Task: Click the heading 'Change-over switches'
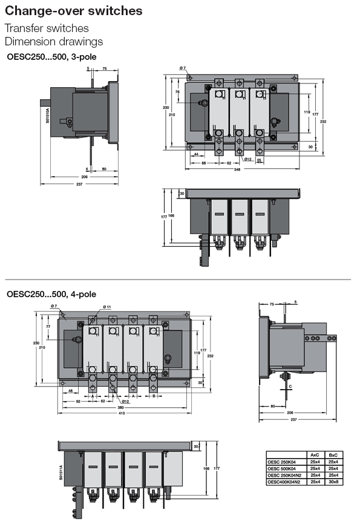(74, 11)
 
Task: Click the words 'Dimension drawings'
(54, 42)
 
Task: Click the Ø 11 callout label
(107, 307)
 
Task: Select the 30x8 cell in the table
(333, 481)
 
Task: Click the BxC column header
(333, 454)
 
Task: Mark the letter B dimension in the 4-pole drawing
(154, 395)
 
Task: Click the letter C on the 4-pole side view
(290, 387)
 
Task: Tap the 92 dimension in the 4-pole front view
(79, 401)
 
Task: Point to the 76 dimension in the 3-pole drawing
(177, 92)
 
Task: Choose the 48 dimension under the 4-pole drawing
(71, 391)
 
